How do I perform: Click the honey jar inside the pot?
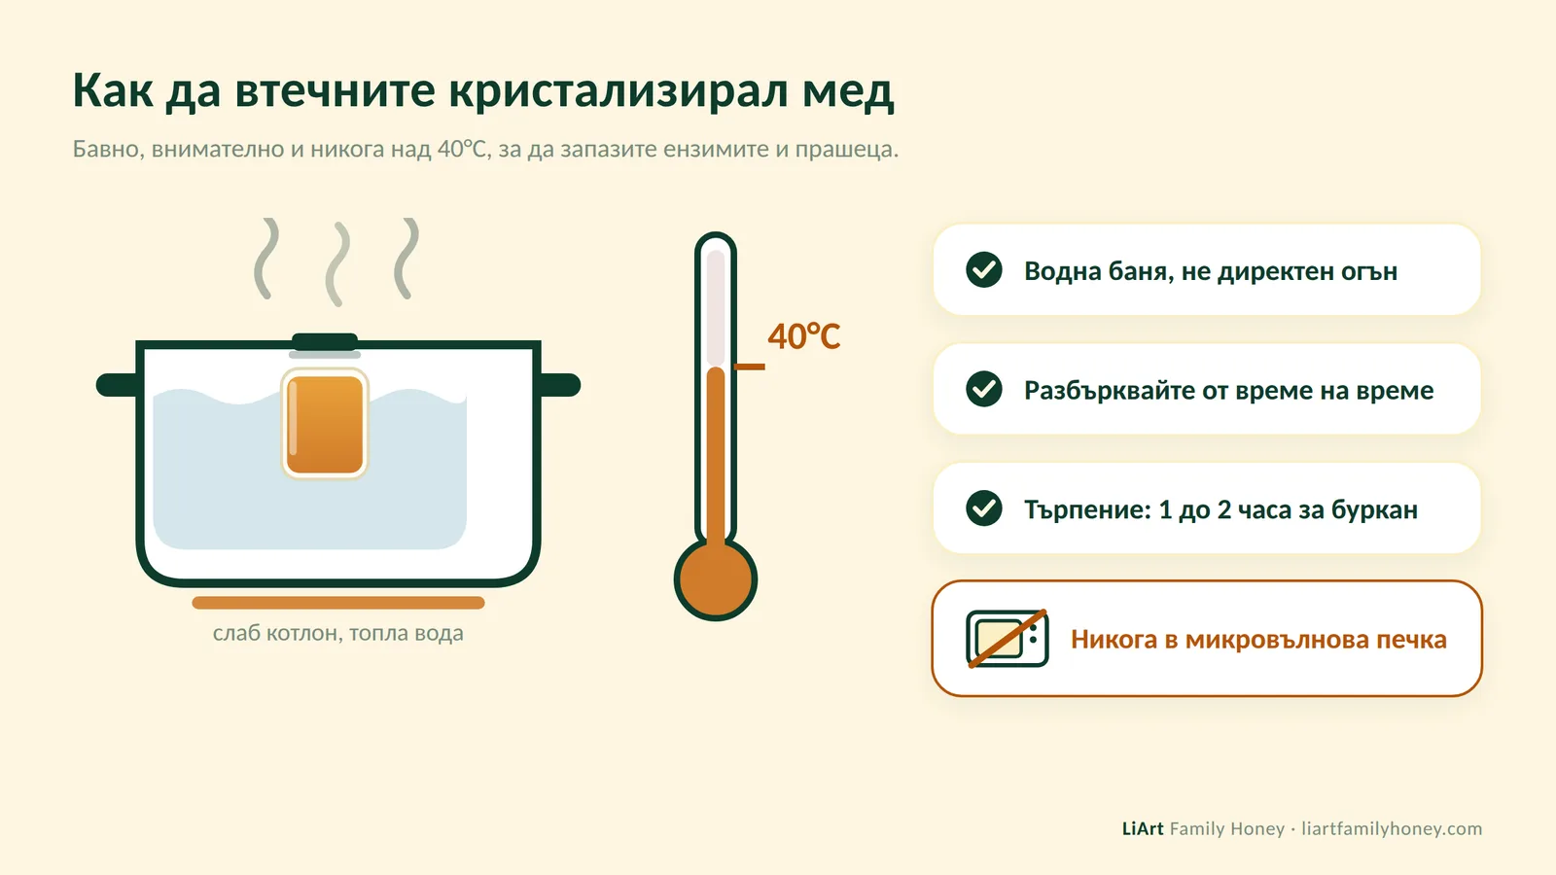[x=325, y=424]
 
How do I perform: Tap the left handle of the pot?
[x=118, y=385]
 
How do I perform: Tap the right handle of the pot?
[x=560, y=385]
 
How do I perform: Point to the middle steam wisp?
[x=337, y=263]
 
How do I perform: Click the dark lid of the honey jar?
[x=325, y=341]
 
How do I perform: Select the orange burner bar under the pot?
[x=338, y=603]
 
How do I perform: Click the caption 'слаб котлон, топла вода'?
[x=338, y=633]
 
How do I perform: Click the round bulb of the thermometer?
[x=716, y=579]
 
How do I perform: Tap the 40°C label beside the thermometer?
[x=803, y=336]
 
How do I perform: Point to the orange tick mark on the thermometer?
[x=750, y=367]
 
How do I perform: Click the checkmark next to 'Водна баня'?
[x=983, y=269]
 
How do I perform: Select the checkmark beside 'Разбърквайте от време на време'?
[x=983, y=389]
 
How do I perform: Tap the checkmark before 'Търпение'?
[x=983, y=508]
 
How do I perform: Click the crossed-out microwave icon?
[x=1008, y=639]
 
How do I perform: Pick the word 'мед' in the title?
[x=848, y=90]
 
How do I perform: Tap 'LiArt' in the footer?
[x=1143, y=828]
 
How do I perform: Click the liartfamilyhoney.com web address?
[x=1392, y=829]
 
